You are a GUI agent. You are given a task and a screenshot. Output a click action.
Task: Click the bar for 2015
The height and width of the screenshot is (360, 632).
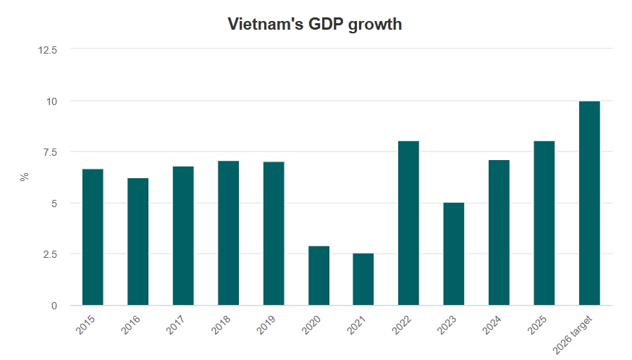tap(93, 237)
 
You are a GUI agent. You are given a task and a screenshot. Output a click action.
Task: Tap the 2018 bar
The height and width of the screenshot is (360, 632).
tap(228, 233)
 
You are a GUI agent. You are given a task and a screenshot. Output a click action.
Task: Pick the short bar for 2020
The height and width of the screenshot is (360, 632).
tap(319, 275)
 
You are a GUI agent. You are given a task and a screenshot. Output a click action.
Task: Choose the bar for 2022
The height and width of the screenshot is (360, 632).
tap(408, 223)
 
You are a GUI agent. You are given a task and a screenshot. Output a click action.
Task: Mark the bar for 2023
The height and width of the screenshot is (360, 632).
tap(454, 254)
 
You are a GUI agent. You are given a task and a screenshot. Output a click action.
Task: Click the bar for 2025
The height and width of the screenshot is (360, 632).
tap(544, 223)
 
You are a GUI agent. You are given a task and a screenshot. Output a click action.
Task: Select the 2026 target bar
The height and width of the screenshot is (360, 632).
tap(589, 203)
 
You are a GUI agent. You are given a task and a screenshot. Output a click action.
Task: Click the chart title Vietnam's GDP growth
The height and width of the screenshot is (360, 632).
tap(315, 24)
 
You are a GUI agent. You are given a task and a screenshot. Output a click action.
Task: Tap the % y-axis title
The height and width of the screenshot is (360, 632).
tap(25, 177)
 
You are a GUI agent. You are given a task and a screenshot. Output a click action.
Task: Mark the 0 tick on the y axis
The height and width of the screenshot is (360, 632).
tap(54, 306)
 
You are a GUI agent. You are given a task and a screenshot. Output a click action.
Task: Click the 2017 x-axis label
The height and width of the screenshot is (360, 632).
tap(177, 325)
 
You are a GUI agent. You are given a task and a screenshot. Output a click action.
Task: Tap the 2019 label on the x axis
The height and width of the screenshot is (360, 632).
tap(267, 325)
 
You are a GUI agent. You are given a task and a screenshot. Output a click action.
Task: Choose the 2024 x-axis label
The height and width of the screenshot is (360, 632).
tap(493, 325)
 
